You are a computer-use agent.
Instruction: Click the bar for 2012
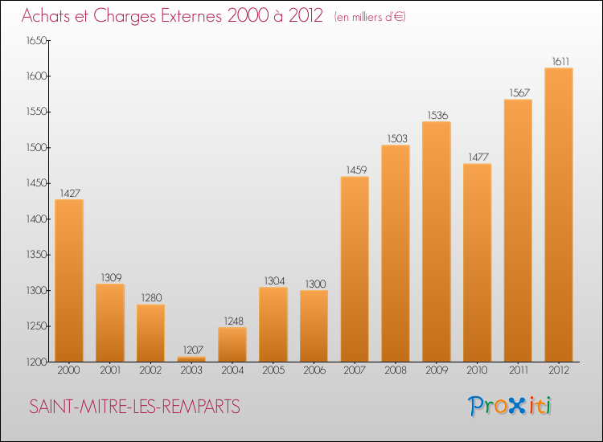559,215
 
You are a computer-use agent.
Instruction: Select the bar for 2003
191,359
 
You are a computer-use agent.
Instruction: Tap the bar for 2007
355,269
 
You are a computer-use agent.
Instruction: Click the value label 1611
559,61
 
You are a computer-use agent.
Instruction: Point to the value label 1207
191,350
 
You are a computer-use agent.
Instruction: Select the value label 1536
437,115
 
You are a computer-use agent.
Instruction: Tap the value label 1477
478,157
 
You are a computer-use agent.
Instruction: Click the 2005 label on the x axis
273,371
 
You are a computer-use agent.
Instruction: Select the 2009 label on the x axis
437,371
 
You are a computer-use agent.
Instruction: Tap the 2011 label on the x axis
518,371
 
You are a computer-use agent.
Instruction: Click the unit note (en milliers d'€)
371,17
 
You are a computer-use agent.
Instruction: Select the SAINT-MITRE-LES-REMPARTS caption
134,407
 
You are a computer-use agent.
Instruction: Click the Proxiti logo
511,406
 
